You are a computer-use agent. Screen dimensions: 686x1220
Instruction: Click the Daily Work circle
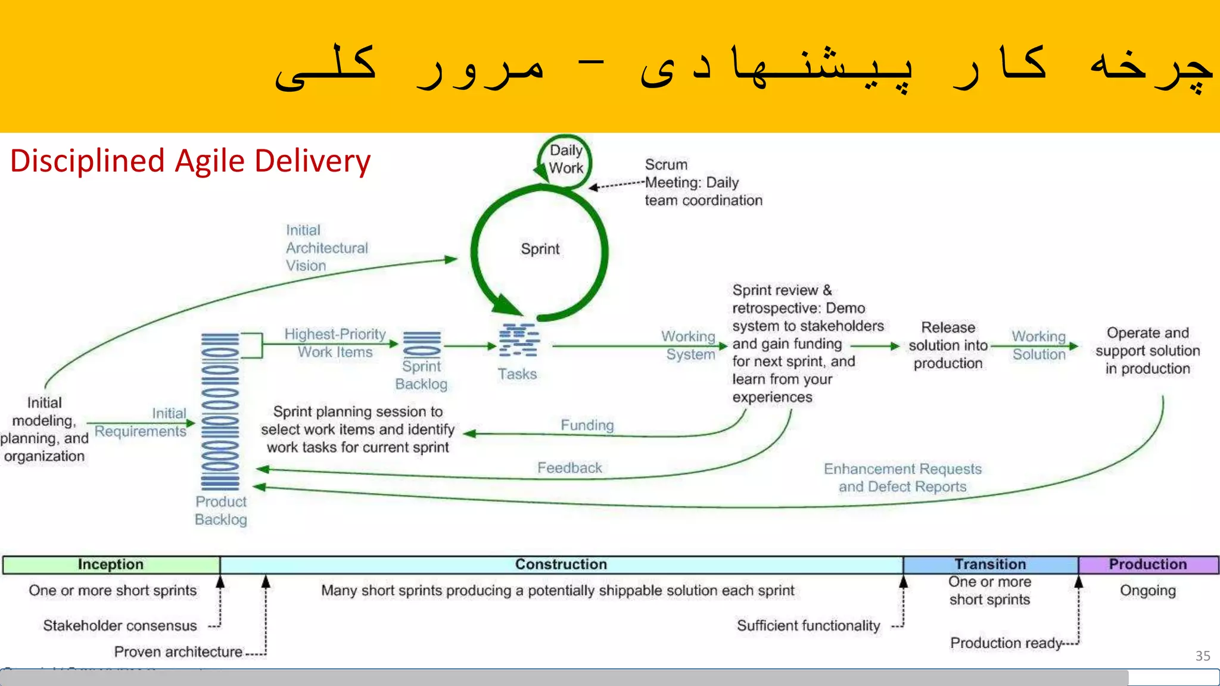coord(565,160)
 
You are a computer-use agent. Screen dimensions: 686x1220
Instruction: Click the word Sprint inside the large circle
coord(540,249)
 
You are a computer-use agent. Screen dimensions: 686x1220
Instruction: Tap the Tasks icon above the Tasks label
coord(519,341)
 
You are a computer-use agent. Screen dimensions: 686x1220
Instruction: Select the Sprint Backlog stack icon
coord(422,344)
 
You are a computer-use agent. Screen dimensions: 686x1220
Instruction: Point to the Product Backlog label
coord(221,510)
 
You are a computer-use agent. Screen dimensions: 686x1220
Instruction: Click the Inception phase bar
coord(111,565)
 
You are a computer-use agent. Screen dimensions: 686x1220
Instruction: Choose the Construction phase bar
coord(561,565)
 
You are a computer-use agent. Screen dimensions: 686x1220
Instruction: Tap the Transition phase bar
coord(990,565)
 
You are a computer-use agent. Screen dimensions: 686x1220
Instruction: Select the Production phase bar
coord(1148,565)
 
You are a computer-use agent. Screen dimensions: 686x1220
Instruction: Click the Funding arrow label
coord(587,425)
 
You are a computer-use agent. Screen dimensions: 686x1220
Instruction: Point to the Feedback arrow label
coord(569,468)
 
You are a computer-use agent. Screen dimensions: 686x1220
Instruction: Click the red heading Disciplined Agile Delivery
coord(191,161)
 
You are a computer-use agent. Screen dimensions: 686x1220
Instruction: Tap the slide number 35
coord(1203,656)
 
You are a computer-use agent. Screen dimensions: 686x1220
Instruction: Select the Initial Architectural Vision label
coord(326,248)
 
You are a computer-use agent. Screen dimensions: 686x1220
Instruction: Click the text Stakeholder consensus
coord(120,625)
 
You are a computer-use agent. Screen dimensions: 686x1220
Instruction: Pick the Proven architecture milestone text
coord(178,652)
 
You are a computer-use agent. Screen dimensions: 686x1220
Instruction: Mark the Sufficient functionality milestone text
coord(808,625)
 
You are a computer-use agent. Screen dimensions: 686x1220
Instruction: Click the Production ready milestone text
coord(1006,643)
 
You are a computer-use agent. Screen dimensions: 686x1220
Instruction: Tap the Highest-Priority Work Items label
coord(335,343)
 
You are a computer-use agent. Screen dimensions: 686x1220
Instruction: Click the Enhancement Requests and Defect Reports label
coord(902,478)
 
